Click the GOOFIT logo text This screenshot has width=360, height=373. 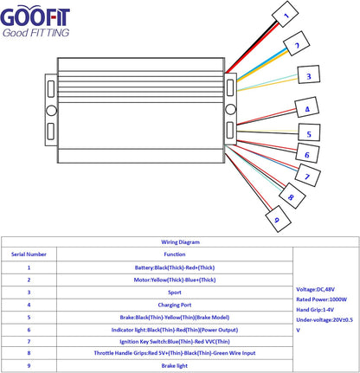click(x=35, y=16)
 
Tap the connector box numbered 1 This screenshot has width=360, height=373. click(x=286, y=15)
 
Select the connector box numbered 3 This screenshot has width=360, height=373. click(x=309, y=76)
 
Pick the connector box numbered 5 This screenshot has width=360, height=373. click(x=309, y=134)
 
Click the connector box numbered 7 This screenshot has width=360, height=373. click(x=308, y=176)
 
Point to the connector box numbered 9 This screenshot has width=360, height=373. click(x=278, y=219)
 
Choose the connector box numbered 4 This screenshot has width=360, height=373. click(x=307, y=109)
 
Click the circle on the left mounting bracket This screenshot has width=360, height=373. click(x=51, y=111)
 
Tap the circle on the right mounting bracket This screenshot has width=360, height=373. click(x=230, y=110)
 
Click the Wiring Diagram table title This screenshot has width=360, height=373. click(x=180, y=242)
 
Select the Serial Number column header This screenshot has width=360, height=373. click(x=29, y=254)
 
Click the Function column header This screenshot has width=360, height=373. click(x=175, y=254)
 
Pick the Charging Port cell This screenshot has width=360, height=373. click(x=175, y=305)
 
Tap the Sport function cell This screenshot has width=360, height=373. click(x=175, y=293)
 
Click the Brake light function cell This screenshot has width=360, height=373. click(x=175, y=366)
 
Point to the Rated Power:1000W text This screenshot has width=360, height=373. click(x=321, y=299)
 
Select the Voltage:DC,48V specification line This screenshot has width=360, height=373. click(x=315, y=289)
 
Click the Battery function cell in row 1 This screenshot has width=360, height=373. click(x=175, y=267)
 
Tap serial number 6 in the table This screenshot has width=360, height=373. click(x=29, y=330)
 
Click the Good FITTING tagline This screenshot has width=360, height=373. click(x=36, y=33)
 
